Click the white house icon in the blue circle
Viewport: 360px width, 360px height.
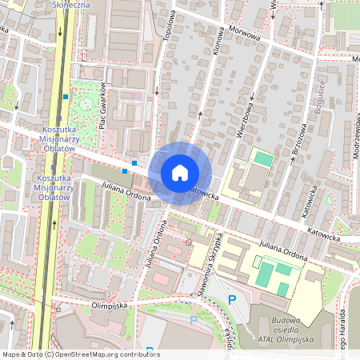[x=180, y=173]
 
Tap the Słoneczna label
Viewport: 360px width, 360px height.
[x=70, y=5]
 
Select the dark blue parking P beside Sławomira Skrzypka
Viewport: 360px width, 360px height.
[x=232, y=300]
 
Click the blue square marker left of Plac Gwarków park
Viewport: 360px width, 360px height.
[x=66, y=97]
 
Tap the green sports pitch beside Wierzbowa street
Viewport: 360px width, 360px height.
[x=263, y=159]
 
